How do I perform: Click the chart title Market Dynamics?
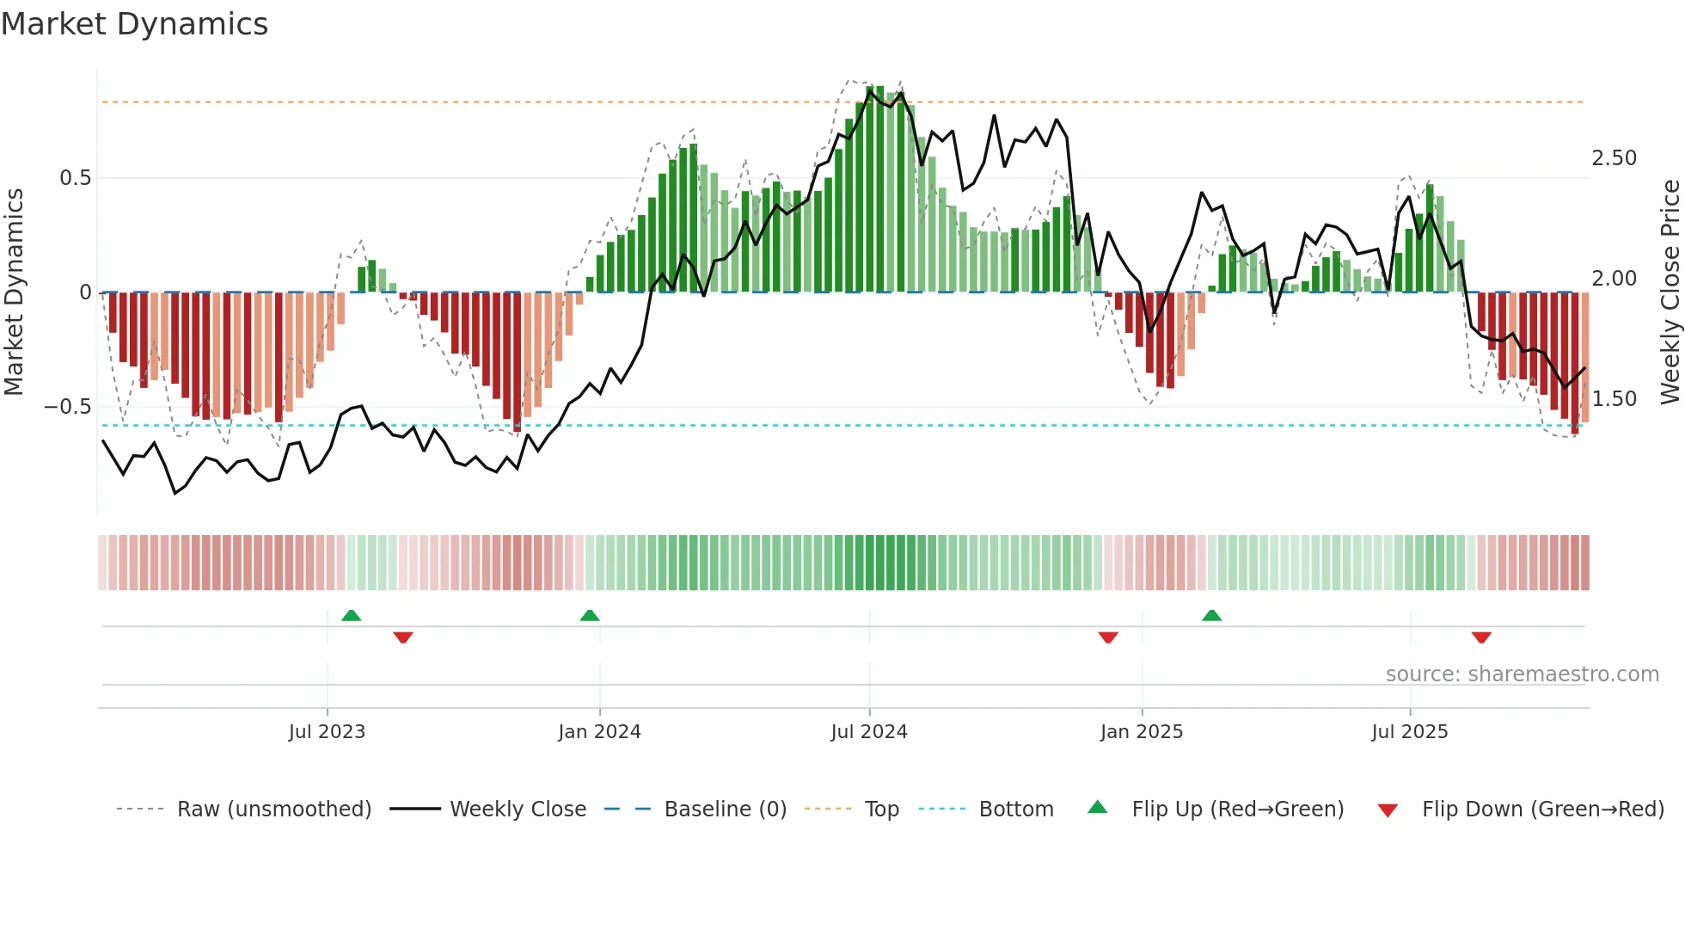[x=134, y=24]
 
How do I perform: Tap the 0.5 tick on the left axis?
[x=75, y=178]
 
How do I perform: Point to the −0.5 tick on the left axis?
[x=68, y=407]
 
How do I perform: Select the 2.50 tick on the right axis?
[x=1614, y=158]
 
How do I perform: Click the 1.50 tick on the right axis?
[x=1614, y=399]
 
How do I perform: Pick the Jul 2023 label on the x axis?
[x=327, y=732]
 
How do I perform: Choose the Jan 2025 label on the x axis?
[x=1141, y=732]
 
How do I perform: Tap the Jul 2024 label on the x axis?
[x=868, y=732]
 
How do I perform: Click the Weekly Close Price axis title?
[x=1670, y=292]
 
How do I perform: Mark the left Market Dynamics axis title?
[x=14, y=292]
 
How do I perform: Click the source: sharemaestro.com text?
[x=1522, y=674]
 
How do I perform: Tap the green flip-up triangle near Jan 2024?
[x=590, y=616]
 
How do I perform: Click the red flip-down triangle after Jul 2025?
[x=1481, y=637]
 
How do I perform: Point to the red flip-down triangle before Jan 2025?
[x=1108, y=637]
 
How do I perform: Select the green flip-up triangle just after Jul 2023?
[x=351, y=616]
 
